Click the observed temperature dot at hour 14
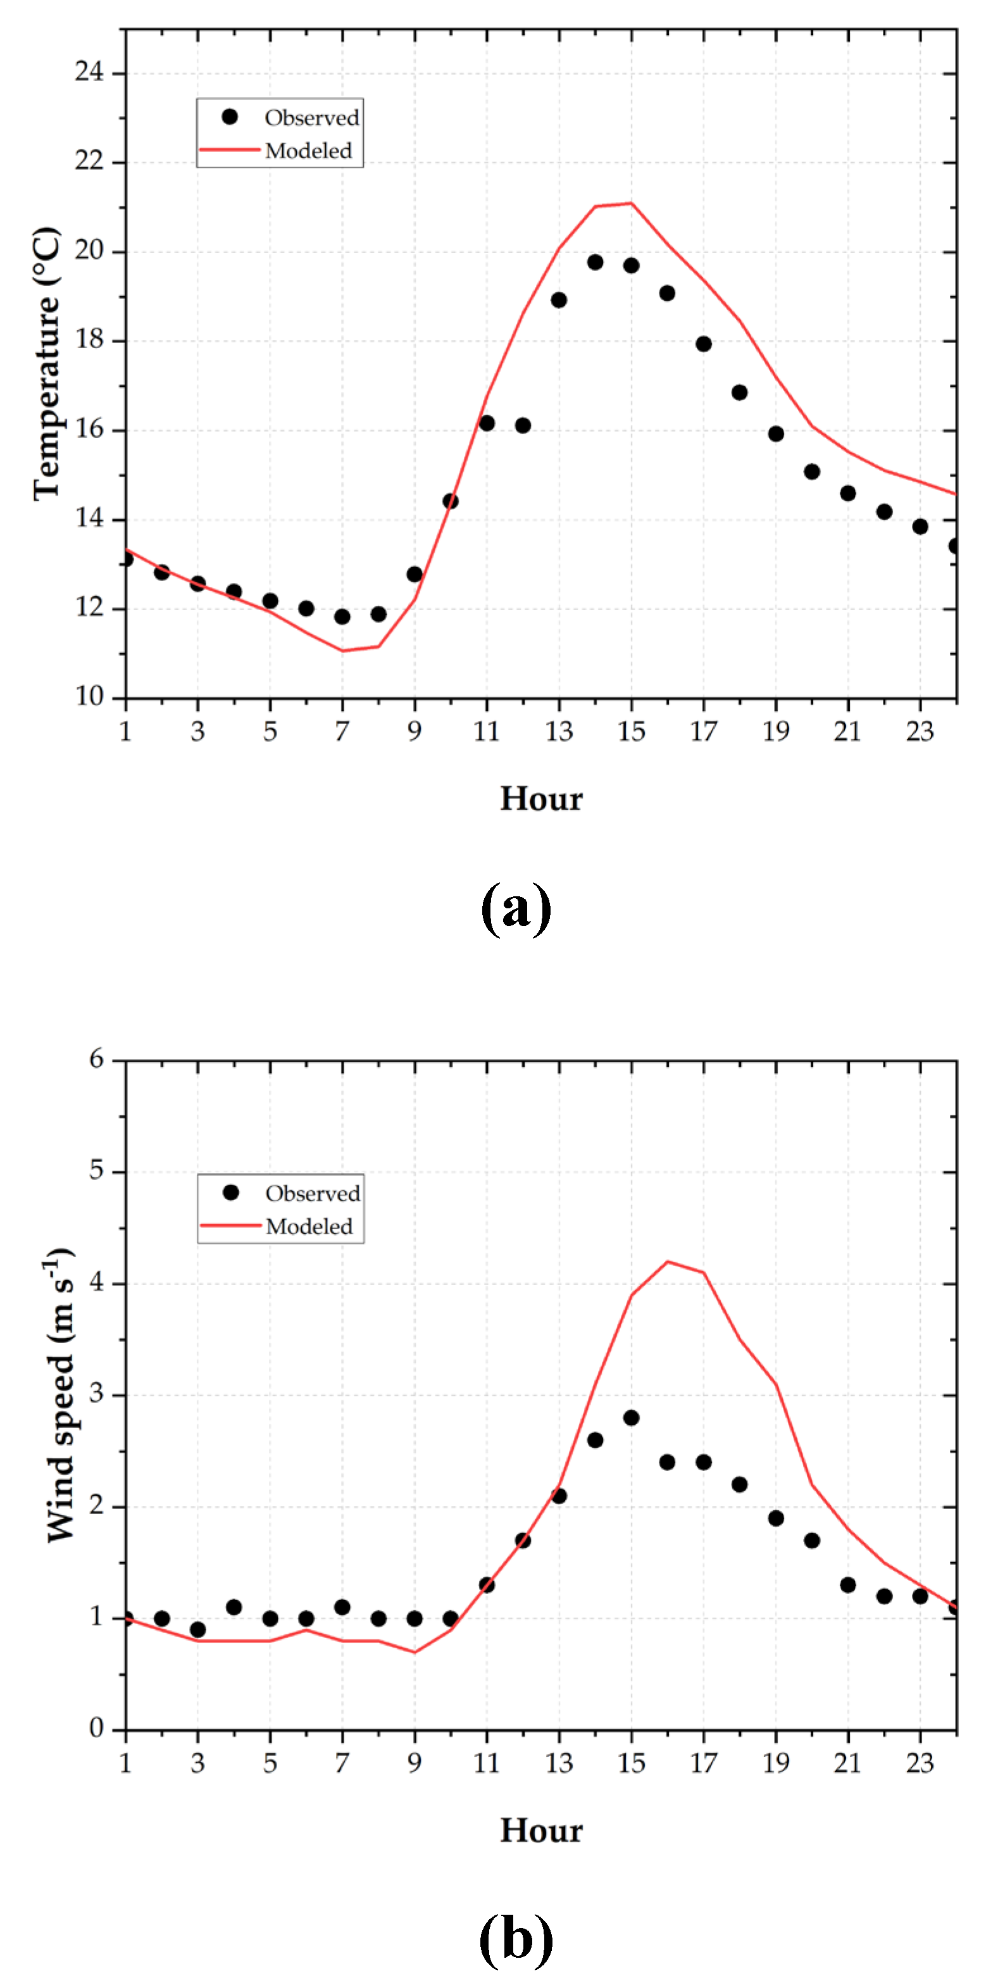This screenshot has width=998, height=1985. [595, 263]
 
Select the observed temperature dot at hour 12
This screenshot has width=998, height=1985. [523, 425]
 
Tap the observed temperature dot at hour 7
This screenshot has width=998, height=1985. [342, 617]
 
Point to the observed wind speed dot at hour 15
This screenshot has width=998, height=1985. [631, 1418]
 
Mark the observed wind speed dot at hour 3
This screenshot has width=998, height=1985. [198, 1630]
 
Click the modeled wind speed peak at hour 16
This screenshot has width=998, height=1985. [668, 1262]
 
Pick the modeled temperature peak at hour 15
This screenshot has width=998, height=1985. [631, 203]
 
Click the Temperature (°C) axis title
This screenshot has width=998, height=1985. [46, 364]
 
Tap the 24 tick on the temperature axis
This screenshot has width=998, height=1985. [89, 73]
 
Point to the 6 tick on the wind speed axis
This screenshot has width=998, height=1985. [96, 1060]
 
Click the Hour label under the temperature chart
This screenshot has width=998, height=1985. [541, 799]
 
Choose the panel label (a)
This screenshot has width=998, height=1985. [516, 908]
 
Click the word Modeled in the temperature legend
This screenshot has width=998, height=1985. [308, 151]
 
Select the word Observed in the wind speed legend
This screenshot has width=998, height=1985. [313, 1194]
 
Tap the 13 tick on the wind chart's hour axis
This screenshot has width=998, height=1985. [559, 1763]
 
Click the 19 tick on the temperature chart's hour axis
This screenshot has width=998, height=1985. [775, 731]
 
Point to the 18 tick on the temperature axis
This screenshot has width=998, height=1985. [89, 340]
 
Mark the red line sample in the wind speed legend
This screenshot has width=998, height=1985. [230, 1225]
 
